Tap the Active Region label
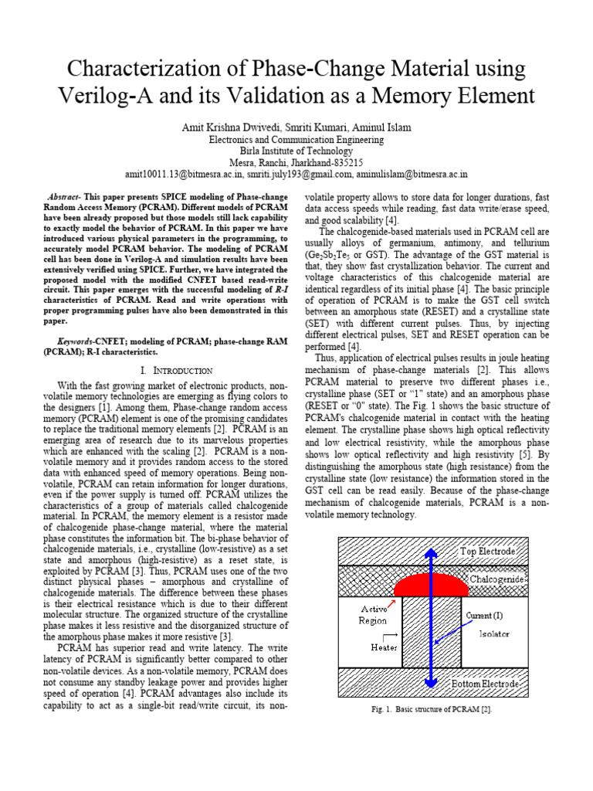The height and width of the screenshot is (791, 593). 373,614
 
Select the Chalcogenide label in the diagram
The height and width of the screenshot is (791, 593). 497,579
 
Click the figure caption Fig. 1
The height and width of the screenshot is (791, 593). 432,708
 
